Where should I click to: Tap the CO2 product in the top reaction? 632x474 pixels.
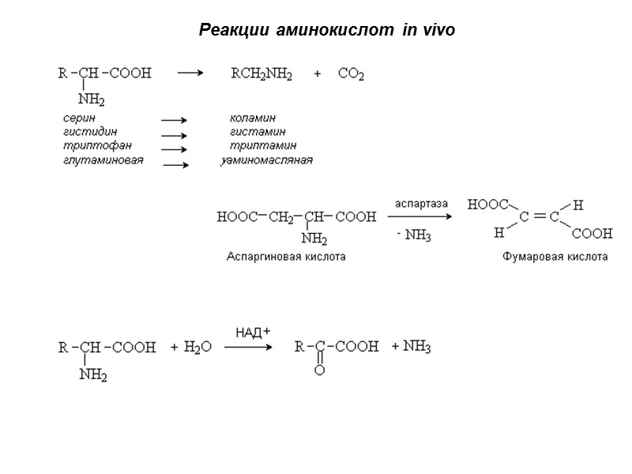(351, 75)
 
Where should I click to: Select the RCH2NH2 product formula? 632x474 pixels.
(261, 75)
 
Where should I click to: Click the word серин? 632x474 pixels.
(79, 118)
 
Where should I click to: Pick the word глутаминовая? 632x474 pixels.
(103, 160)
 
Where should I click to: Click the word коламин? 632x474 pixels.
(252, 118)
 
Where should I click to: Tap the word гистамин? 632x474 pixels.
(258, 131)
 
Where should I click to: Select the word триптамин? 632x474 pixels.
(263, 145)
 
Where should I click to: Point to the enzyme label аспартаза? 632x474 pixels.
(421, 204)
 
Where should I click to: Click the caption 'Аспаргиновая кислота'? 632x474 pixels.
(285, 257)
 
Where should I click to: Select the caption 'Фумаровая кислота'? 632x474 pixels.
(555, 257)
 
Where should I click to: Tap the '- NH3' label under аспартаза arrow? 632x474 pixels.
(413, 236)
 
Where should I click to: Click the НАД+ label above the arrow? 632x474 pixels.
(253, 332)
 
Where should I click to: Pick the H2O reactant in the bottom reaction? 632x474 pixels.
(197, 348)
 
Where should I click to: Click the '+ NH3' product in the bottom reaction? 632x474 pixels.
(411, 346)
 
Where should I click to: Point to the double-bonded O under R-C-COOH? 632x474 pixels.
(319, 370)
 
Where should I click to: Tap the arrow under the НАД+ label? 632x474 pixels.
(248, 348)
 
